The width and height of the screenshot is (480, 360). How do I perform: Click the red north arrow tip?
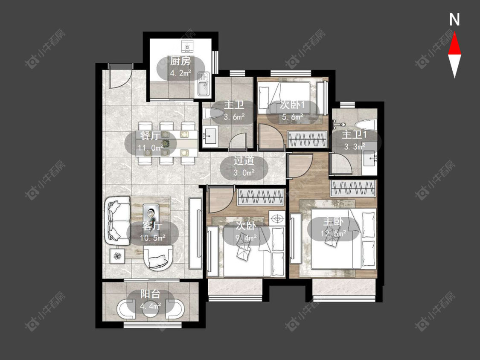coord(454,33)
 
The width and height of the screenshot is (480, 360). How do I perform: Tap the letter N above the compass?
coord(454,20)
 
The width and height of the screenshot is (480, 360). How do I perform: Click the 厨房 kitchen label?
coord(180,61)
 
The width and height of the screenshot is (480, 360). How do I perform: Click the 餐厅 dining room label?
coord(150,135)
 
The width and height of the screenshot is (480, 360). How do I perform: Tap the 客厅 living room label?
coord(152,226)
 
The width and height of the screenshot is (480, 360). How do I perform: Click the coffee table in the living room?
coord(151,211)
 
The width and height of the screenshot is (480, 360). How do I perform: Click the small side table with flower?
coord(118,255)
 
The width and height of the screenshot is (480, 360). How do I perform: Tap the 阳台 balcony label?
coord(150,294)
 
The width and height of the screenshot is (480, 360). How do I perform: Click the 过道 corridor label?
coord(244,161)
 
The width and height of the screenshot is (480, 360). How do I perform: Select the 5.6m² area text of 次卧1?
coord(292,116)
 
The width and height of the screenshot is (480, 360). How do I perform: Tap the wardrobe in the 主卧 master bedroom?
coord(353,188)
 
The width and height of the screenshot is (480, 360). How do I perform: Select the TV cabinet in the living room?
coord(195,233)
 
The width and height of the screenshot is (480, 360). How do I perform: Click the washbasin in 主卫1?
coord(370,159)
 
